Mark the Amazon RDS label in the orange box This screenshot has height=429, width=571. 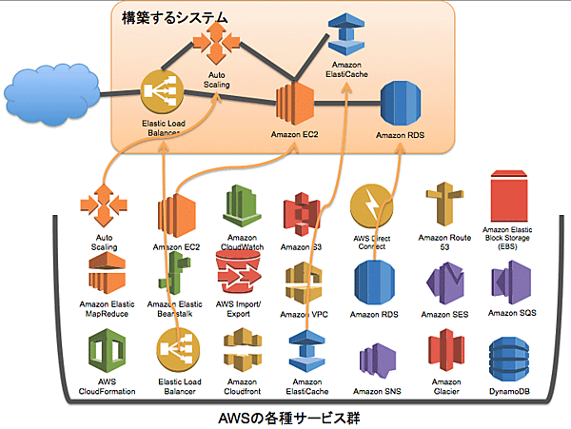[400, 136]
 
